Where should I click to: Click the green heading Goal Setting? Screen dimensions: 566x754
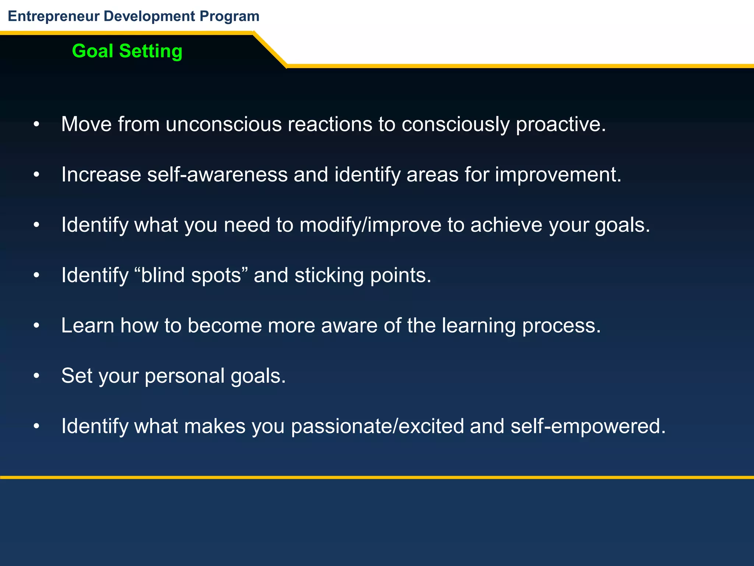click(x=127, y=51)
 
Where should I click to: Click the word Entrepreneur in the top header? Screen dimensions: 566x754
click(x=54, y=16)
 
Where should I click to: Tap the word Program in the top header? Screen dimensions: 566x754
click(x=229, y=16)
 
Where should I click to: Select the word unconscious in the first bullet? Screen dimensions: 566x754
click(x=223, y=124)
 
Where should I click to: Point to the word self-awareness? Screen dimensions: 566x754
click(x=217, y=174)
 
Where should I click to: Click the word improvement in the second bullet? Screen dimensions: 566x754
click(x=557, y=174)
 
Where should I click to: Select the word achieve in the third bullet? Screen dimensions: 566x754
click(x=506, y=225)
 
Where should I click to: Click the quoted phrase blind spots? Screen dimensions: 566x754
click(x=191, y=275)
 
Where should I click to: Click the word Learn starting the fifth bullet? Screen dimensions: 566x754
click(x=88, y=326)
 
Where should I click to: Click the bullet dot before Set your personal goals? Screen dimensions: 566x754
click(x=36, y=376)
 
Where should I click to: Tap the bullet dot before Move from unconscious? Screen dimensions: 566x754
click(x=36, y=125)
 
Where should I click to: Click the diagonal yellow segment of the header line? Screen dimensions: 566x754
click(x=270, y=50)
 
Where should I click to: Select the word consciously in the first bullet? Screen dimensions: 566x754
click(x=455, y=124)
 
